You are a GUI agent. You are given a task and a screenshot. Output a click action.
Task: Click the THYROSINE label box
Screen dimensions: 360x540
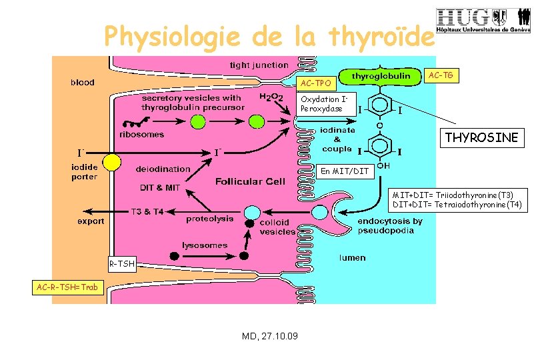[482, 137]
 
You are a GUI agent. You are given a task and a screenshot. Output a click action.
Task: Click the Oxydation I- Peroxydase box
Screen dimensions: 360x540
[322, 104]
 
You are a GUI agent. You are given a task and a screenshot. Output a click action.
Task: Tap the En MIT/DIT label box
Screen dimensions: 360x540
[344, 171]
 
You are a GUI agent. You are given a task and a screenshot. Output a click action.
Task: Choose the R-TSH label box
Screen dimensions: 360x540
[122, 265]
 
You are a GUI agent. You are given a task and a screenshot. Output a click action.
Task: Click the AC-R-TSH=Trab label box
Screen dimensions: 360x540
[69, 288]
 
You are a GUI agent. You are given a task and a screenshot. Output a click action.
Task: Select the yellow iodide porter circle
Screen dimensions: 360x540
[111, 161]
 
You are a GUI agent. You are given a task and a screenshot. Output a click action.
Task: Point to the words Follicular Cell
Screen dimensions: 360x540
[250, 181]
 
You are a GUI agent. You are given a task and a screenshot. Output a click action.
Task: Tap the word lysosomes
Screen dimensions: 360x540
[205, 245]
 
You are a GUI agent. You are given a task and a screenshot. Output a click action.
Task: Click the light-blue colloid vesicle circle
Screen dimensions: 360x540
[251, 212]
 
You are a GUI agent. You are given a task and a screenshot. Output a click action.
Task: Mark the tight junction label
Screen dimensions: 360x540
[259, 65]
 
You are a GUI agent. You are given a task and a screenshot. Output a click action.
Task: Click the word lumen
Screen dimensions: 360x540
[352, 257]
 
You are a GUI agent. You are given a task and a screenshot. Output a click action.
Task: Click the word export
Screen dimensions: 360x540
[91, 221]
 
